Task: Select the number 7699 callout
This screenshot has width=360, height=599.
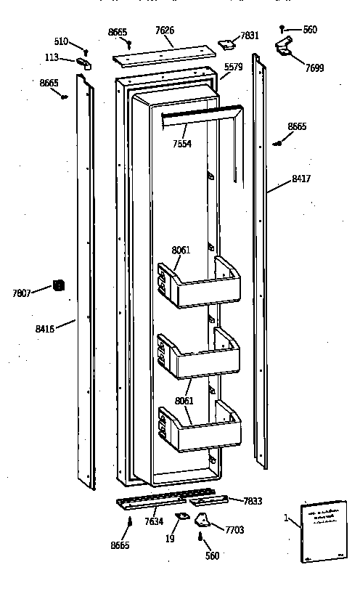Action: [314, 68]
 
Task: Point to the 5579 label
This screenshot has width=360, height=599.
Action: [233, 68]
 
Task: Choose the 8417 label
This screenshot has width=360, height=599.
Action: [300, 179]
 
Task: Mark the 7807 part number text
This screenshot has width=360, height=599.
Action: [22, 293]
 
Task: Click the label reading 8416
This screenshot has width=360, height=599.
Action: [45, 328]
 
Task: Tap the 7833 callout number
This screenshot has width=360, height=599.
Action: [253, 501]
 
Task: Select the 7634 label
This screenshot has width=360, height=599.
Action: [154, 521]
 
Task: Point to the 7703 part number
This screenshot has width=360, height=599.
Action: [234, 530]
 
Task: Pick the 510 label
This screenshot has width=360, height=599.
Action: [61, 41]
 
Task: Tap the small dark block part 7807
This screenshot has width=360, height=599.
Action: [58, 287]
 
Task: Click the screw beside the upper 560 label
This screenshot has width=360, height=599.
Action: [282, 30]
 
